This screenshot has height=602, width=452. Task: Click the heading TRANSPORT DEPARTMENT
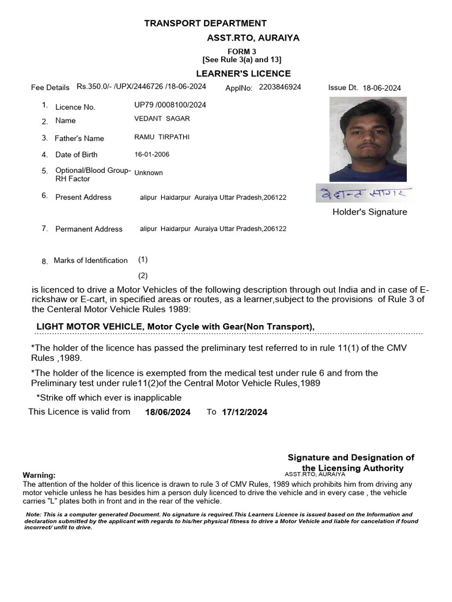[205, 24]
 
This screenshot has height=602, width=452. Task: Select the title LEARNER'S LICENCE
[243, 73]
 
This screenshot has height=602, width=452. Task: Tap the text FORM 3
[242, 52]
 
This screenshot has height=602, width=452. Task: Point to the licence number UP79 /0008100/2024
[170, 105]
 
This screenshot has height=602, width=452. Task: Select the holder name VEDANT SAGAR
[162, 119]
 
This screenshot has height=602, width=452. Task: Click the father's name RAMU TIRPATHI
[162, 137]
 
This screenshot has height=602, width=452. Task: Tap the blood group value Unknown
[148, 173]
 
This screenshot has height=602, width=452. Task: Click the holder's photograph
[367, 139]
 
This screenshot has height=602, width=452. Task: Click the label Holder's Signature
[370, 212]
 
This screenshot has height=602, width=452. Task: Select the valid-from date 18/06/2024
[168, 412]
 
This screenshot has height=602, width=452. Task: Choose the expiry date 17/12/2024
[244, 412]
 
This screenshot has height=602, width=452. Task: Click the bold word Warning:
[39, 475]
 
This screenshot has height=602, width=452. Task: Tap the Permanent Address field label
[89, 229]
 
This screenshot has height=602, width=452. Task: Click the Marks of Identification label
[91, 260]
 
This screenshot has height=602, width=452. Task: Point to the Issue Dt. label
[343, 88]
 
